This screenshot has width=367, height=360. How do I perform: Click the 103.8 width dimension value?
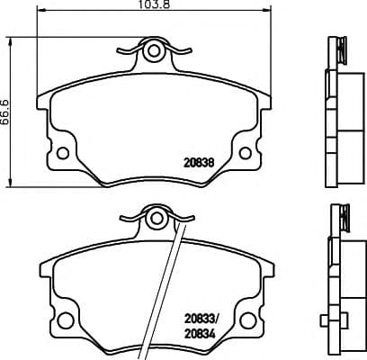(154, 4)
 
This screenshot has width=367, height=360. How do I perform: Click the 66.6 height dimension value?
(5, 112)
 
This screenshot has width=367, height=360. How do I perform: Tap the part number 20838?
(199, 163)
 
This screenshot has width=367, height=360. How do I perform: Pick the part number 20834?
(200, 334)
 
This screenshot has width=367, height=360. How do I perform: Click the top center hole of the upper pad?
(154, 50)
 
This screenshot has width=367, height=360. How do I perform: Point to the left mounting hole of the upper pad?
(63, 153)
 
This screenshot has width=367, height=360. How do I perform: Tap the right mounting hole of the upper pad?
(245, 153)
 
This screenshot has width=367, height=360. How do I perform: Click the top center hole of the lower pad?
(157, 219)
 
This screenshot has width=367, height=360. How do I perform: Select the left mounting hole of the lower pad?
(65, 320)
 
